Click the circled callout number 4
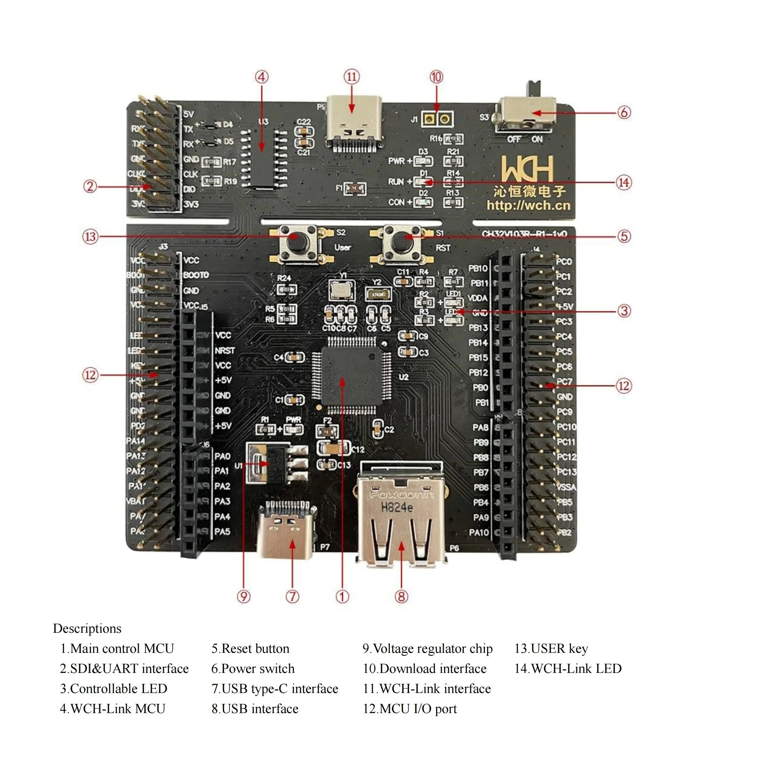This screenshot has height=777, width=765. (x=262, y=77)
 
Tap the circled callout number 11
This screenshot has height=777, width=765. (x=352, y=76)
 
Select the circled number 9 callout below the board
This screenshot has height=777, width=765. (x=243, y=596)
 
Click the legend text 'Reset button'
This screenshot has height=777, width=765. (x=255, y=649)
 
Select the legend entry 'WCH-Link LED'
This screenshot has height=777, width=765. (x=576, y=669)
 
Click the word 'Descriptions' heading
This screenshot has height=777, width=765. (x=87, y=628)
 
